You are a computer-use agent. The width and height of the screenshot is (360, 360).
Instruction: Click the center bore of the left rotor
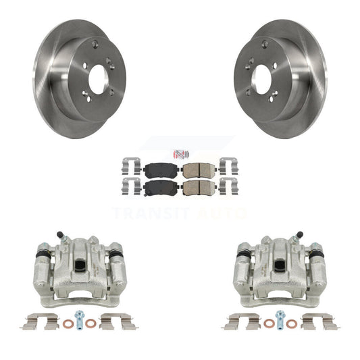pos(99,79)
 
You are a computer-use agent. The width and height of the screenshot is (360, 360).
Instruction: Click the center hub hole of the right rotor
pos(261,79)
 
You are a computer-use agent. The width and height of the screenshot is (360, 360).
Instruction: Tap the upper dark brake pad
pos(161,170)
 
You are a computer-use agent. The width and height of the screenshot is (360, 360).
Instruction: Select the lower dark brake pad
pos(161,187)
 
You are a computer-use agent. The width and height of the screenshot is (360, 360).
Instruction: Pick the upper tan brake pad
pos(199,170)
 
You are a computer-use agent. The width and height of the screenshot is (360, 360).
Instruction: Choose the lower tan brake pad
pos(199,187)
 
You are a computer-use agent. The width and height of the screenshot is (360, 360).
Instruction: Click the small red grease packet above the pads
pos(181,154)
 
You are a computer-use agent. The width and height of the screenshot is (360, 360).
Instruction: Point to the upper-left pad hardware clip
pos(131,166)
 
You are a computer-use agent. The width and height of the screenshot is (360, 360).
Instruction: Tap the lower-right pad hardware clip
pos(229,186)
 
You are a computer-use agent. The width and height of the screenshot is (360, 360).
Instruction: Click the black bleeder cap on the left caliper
pos(59,234)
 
